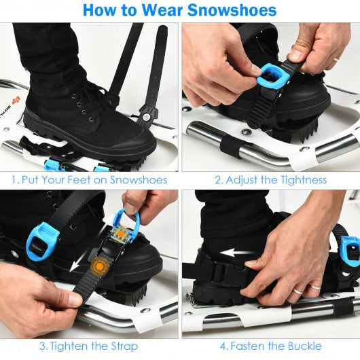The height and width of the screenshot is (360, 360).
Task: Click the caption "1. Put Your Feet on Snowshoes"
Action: (89, 180)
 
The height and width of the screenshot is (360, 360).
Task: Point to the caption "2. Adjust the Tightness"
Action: (270, 180)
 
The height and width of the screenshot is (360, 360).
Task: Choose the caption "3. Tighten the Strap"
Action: (89, 346)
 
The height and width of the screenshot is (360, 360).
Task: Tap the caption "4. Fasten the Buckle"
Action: (270, 346)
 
